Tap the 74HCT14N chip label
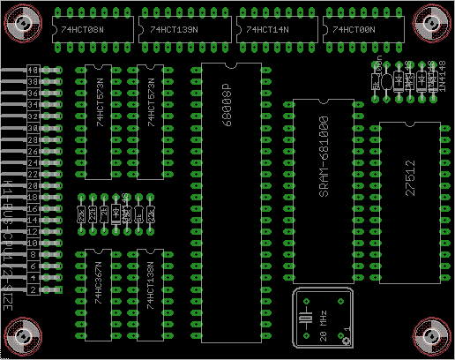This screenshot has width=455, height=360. pyautogui.click(x=267, y=30)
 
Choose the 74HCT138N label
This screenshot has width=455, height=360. pyautogui.click(x=151, y=288)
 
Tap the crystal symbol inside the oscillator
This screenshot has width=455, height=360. pyautogui.click(x=306, y=319)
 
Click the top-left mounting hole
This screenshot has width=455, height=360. pyautogui.click(x=21, y=25)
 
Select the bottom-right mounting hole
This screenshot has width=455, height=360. pyautogui.click(x=432, y=335)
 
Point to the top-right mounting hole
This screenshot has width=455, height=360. pyautogui.click(x=432, y=25)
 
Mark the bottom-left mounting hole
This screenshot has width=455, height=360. pyautogui.click(x=21, y=335)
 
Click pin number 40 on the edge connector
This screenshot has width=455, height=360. pyautogui.click(x=34, y=70)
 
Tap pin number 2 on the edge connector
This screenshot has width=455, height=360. pyautogui.click(x=34, y=289)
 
